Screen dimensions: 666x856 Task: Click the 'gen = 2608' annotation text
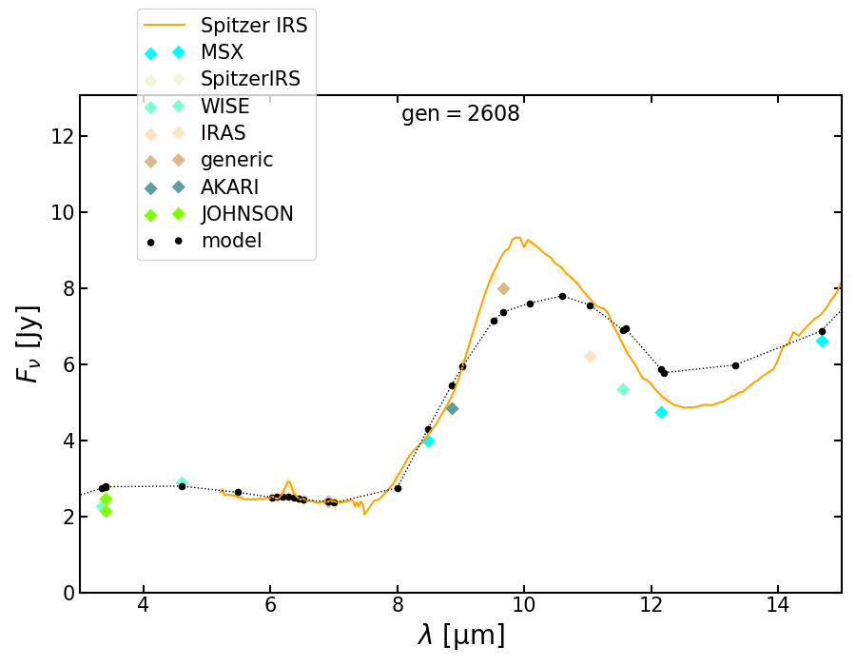(x=460, y=115)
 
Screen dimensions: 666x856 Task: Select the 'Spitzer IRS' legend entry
(x=254, y=26)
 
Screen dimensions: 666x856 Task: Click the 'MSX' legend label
(x=222, y=53)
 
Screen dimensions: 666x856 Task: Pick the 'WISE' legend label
(x=224, y=107)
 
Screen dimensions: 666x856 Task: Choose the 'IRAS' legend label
(x=224, y=133)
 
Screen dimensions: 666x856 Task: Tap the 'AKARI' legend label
(x=229, y=187)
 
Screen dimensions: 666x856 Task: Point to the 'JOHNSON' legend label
(x=246, y=214)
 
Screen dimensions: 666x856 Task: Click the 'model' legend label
(x=231, y=241)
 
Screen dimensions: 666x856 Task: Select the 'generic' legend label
(x=237, y=160)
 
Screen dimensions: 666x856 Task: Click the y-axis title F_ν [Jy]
(x=29, y=343)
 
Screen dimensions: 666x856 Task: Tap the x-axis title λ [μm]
(x=460, y=635)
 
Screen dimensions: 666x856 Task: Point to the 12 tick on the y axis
(x=57, y=136)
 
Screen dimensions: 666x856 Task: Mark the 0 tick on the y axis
(x=65, y=593)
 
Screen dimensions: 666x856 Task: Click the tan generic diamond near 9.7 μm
(x=503, y=288)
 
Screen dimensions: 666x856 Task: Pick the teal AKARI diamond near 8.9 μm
(x=452, y=408)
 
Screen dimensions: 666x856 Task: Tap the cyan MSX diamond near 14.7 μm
(x=822, y=341)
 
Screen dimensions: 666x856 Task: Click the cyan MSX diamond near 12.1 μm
(x=661, y=412)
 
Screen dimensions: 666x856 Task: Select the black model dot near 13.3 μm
(x=735, y=365)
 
